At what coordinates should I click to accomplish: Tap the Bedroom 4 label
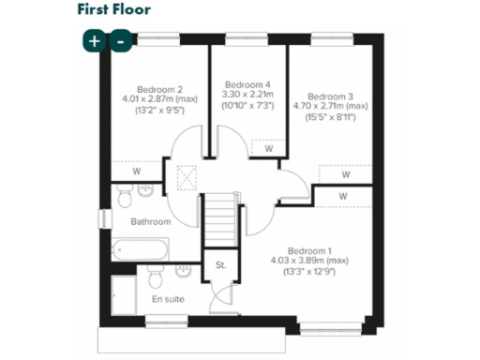coord(247,83)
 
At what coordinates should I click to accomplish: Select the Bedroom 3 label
coord(330,97)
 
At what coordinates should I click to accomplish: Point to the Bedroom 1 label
coord(309,250)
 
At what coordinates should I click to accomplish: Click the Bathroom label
coord(150,222)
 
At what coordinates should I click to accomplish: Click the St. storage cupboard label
coord(221,265)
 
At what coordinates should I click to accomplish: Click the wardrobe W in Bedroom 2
coord(137,171)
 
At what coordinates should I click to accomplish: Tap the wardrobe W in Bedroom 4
coord(268,148)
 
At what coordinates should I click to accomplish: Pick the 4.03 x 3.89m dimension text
coord(308,261)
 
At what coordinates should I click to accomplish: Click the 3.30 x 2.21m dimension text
coord(247,95)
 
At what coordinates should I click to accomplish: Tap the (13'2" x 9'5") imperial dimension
coord(153,109)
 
